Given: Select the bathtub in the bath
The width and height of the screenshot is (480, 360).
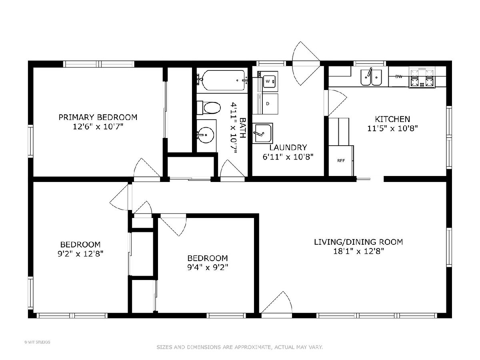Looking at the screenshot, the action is point(223,80).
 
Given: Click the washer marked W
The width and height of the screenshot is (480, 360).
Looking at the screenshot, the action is point(270,81).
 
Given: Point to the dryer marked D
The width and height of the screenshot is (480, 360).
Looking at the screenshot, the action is point(270,104).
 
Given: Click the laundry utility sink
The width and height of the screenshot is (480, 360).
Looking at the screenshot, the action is point(263,133).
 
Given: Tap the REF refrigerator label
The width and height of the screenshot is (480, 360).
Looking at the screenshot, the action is point(341,161).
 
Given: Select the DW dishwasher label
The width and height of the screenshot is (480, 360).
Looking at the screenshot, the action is point(399,76).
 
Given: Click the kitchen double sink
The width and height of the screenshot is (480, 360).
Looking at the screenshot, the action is point(371,77).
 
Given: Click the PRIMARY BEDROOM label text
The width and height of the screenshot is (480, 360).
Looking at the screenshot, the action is point(98,117).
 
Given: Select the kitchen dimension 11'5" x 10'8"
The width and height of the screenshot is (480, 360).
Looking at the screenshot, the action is point(392,128).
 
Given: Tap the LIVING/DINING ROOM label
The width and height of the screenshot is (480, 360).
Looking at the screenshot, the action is point(358,242).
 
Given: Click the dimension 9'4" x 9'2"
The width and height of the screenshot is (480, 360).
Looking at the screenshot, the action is point(208,267).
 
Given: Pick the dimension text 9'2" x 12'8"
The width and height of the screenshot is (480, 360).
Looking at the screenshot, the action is point(80,254).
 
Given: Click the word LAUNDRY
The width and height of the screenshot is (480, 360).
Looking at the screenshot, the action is point(288,148).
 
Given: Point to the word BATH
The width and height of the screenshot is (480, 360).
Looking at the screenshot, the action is point(243,128).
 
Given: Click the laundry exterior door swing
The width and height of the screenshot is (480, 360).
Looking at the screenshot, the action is point(306,63).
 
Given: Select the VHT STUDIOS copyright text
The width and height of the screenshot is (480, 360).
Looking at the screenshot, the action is point(37,342).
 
